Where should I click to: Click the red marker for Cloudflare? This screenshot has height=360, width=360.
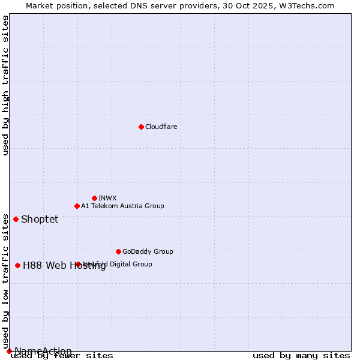[141, 127]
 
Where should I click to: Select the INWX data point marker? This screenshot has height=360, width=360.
[94, 198]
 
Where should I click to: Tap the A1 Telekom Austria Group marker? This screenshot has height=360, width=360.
[77, 206]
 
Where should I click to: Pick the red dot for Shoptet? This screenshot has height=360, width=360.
[16, 219]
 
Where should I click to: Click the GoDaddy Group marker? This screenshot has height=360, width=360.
[118, 251]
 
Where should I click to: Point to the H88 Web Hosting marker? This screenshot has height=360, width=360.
[17, 265]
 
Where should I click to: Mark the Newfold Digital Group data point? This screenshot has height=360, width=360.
[78, 264]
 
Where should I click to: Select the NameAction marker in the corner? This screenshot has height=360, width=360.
[9, 351]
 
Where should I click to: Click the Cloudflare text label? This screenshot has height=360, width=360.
[161, 127]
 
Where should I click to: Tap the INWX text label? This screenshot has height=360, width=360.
[107, 198]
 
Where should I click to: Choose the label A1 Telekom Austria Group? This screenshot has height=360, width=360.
[122, 206]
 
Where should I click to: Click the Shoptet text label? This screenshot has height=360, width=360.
[40, 219]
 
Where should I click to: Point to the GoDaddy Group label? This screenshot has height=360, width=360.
[148, 251]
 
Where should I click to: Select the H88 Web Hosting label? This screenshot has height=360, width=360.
[64, 266]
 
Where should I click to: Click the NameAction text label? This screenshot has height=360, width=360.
[43, 351]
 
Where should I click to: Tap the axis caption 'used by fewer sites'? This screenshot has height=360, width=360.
[62, 355]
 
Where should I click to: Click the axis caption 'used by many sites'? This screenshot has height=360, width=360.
[301, 355]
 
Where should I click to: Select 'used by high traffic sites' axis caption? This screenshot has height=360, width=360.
[6, 85]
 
